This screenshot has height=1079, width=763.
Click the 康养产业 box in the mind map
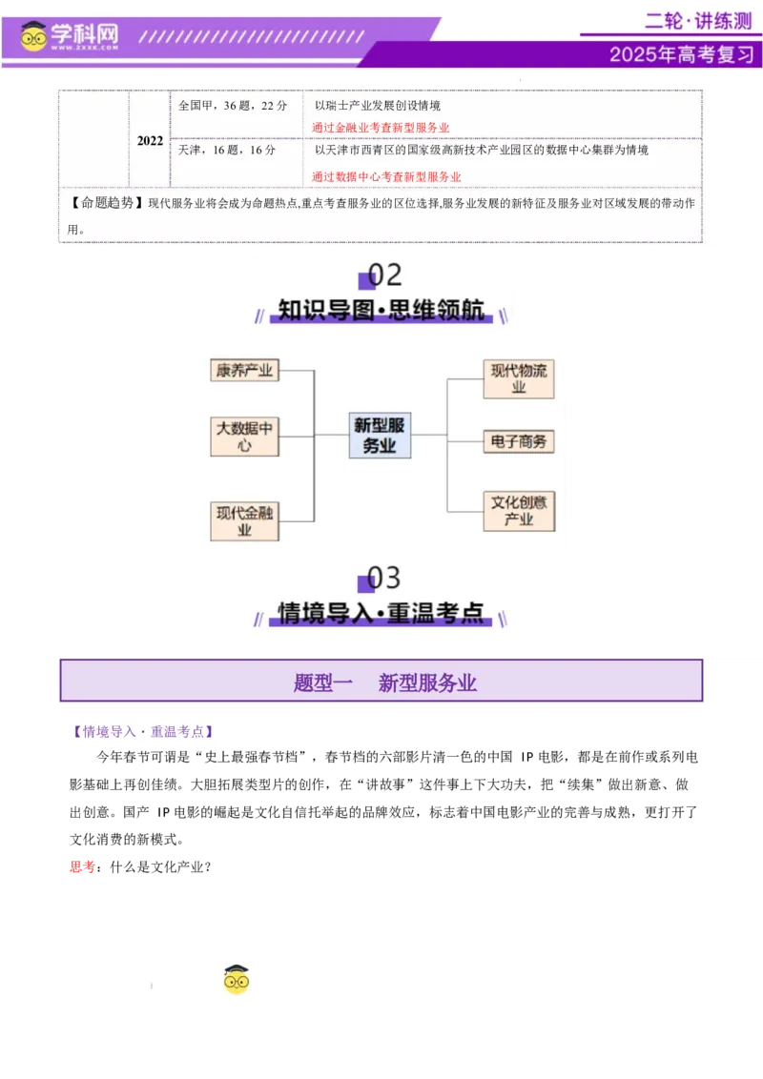(244, 371)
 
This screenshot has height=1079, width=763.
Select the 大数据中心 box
(244, 436)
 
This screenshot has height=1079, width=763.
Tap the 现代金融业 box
(244, 521)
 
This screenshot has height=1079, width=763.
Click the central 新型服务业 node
(380, 435)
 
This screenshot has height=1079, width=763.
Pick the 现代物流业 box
(519, 378)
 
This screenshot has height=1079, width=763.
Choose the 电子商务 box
(519, 441)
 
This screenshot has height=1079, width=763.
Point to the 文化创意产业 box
(519, 510)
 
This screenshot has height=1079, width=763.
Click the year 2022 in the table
(150, 141)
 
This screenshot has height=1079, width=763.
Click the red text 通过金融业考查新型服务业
(381, 128)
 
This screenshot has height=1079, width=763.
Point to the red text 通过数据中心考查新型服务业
(386, 176)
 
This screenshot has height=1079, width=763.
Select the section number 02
(384, 275)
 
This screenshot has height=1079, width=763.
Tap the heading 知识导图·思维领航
(381, 311)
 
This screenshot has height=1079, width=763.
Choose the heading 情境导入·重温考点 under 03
(381, 614)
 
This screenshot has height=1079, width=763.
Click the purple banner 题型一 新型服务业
(381, 682)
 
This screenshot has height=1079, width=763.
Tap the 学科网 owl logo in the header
(35, 36)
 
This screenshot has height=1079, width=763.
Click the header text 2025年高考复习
(682, 54)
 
